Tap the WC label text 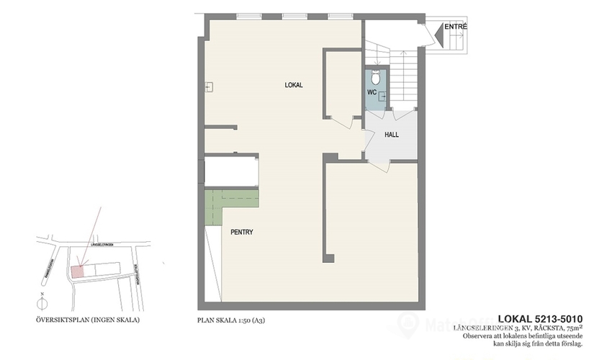pyautogui.click(x=372, y=93)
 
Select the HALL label pyautogui.click(x=392, y=135)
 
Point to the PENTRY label pyautogui.click(x=241, y=233)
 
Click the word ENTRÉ pyautogui.click(x=456, y=27)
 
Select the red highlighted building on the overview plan pyautogui.click(x=78, y=270)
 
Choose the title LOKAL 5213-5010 pyautogui.click(x=540, y=319)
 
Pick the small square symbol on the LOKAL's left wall pyautogui.click(x=208, y=87)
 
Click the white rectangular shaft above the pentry pyautogui.click(x=231, y=172)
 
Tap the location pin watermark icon pyautogui.click(x=412, y=322)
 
